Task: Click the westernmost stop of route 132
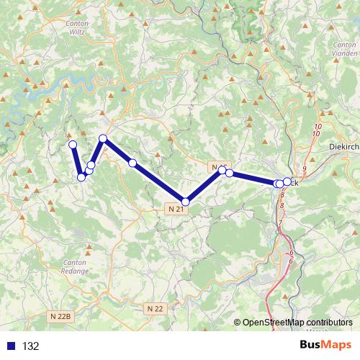pos(72,145)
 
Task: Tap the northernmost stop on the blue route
pos(103,138)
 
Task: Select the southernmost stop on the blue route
pos(186,202)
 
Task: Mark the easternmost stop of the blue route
pos(287,182)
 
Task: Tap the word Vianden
pos(345,53)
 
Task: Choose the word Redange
pos(75,271)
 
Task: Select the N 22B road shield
pos(63,315)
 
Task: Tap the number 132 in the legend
pos(30,346)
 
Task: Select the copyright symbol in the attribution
pos(238,323)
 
